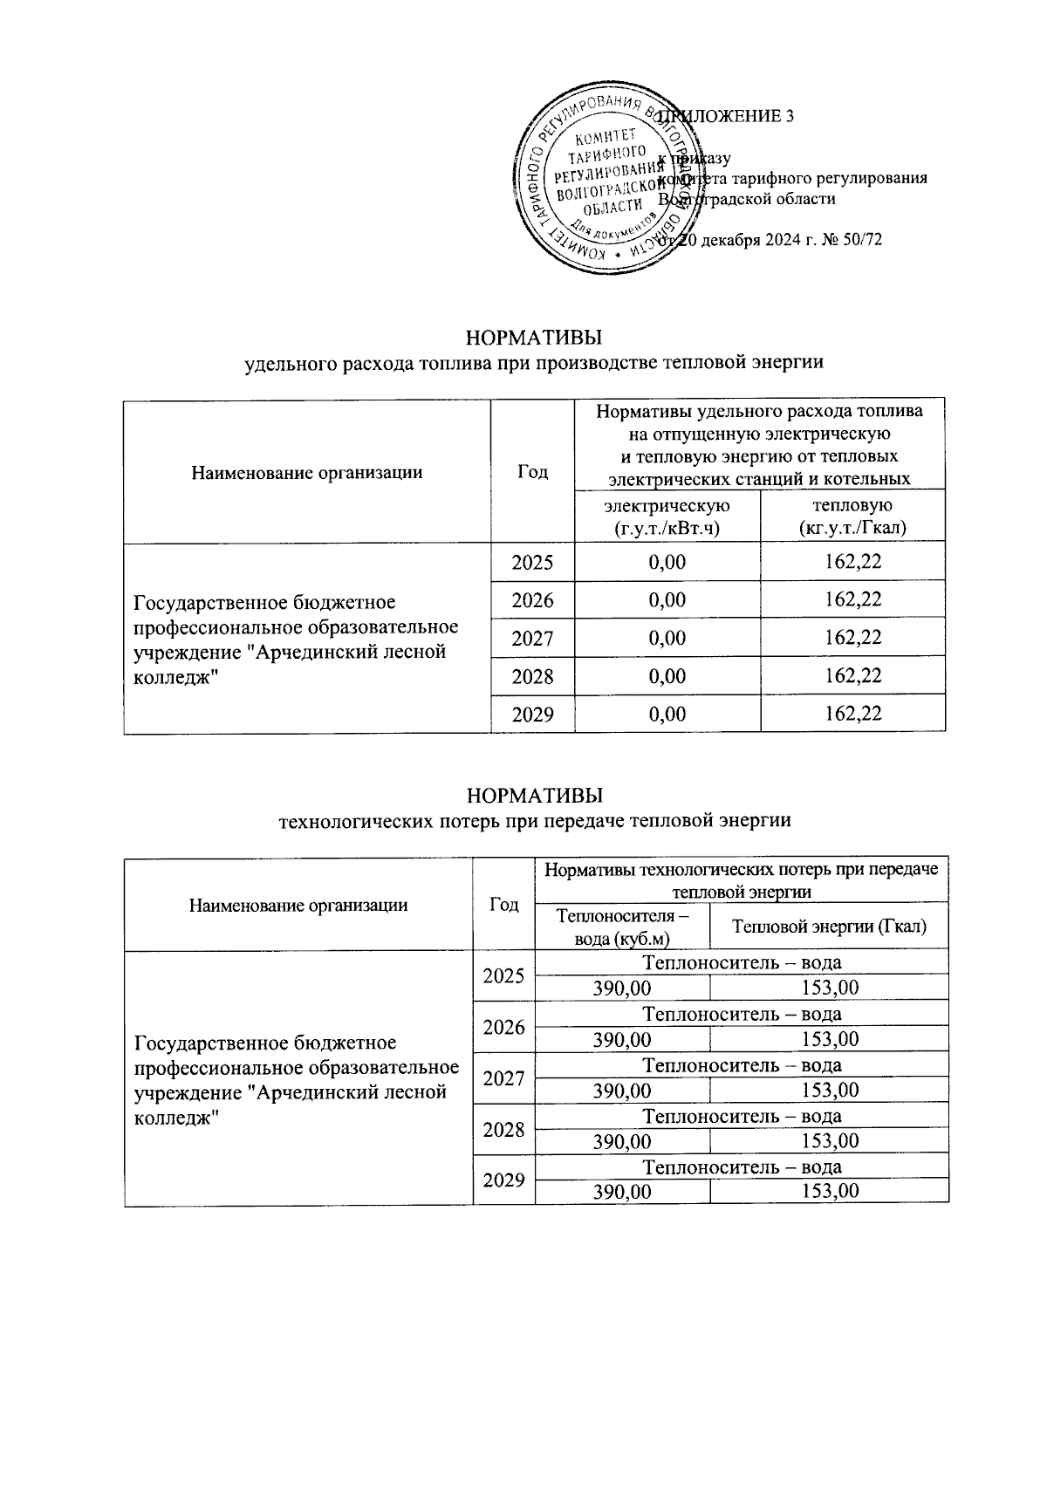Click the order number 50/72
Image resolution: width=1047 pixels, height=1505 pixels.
coord(860,239)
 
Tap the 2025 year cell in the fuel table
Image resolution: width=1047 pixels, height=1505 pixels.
coord(532,562)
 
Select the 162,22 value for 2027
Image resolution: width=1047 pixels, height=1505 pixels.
coord(852,638)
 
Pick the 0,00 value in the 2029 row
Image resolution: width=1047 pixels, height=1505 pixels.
coord(667,715)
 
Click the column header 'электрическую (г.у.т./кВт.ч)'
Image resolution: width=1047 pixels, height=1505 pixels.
coord(667,516)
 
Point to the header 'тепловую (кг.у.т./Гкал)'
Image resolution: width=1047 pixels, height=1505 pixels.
coord(852,516)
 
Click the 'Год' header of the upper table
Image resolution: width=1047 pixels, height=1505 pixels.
coord(532,472)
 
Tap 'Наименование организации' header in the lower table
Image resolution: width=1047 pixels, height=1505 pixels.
coord(298,905)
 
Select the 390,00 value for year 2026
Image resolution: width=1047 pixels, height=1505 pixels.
coord(622,1039)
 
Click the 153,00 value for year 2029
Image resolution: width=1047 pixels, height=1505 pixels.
coord(830,1192)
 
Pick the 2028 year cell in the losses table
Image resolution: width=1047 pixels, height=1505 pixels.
coord(503,1130)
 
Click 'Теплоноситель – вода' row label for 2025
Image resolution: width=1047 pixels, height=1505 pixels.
coord(742,962)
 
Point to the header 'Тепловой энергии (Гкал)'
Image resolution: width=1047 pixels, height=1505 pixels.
coord(829,927)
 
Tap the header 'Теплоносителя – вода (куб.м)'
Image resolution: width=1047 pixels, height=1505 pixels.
coord(621,927)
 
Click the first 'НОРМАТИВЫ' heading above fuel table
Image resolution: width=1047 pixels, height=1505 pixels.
coord(534,337)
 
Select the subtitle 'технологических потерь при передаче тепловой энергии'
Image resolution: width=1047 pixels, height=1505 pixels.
coord(534,820)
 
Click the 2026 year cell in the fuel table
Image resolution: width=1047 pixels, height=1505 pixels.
coord(532,600)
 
